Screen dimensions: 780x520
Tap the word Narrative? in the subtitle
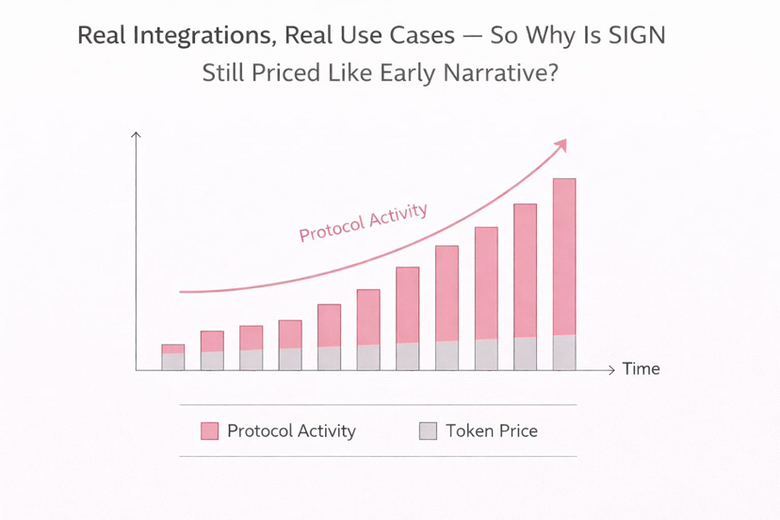point(501,73)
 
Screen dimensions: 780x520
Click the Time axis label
point(642,368)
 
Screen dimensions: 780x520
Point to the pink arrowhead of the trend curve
point(561,145)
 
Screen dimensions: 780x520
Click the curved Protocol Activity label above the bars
point(363,222)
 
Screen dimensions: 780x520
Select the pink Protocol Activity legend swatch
point(209,431)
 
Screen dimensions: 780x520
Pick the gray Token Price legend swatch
point(428,431)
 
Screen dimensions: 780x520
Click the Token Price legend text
point(492,431)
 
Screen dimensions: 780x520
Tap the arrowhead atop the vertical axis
point(136,135)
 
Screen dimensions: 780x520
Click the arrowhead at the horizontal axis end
point(612,369)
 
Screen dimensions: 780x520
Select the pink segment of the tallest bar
point(564,257)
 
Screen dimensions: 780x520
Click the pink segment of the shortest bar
point(173,349)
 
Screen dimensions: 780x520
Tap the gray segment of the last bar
point(564,353)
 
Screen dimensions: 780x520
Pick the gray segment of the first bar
point(173,362)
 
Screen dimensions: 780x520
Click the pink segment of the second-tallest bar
point(526,270)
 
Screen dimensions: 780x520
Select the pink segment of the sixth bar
point(368,317)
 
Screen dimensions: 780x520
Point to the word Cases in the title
point(422,36)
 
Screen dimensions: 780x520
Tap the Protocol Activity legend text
point(291,431)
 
